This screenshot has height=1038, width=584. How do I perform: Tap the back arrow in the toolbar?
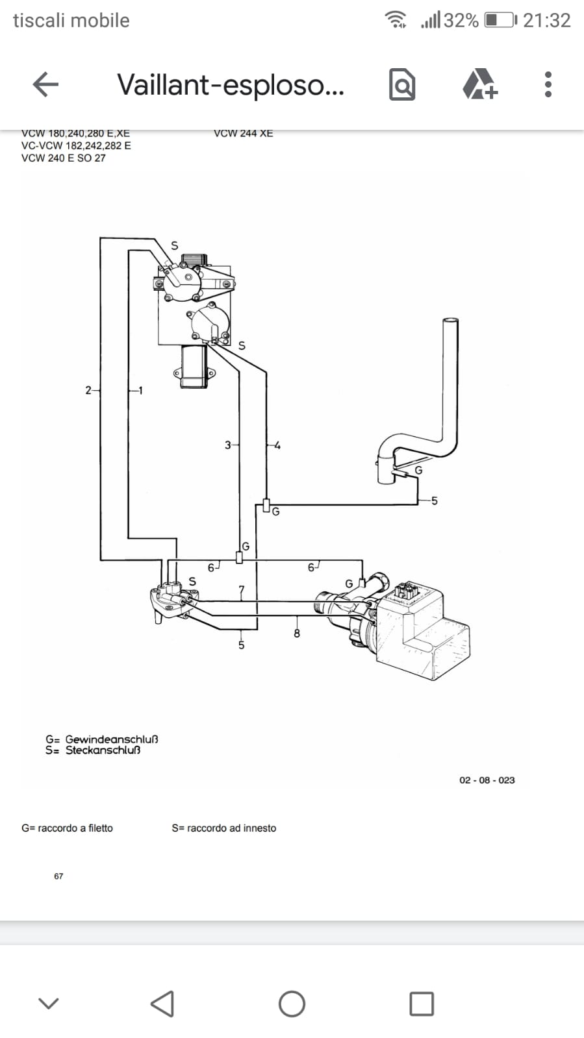click(x=45, y=84)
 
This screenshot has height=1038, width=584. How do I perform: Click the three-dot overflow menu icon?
click(x=548, y=84)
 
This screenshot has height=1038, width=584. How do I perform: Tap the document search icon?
click(x=401, y=84)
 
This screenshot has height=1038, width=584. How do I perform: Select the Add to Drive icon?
click(x=480, y=84)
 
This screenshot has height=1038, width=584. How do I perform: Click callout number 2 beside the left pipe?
click(x=88, y=390)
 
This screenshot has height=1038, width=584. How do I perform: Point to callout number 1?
click(x=140, y=391)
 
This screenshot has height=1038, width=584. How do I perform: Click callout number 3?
click(x=227, y=445)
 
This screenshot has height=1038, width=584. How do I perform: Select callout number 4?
click(x=277, y=446)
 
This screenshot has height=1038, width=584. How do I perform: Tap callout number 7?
click(x=241, y=589)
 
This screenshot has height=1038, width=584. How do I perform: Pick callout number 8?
click(x=297, y=633)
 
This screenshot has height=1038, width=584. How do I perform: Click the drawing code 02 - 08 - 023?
click(x=487, y=780)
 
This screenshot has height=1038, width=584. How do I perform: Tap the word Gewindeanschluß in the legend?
click(x=111, y=739)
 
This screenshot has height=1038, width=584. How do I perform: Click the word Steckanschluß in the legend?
click(x=103, y=750)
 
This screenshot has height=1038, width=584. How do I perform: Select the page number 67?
click(x=58, y=876)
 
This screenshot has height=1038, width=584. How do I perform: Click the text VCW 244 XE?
click(x=244, y=134)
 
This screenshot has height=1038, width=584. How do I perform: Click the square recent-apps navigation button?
click(x=422, y=1004)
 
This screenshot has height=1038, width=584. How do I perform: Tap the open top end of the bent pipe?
click(x=450, y=321)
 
